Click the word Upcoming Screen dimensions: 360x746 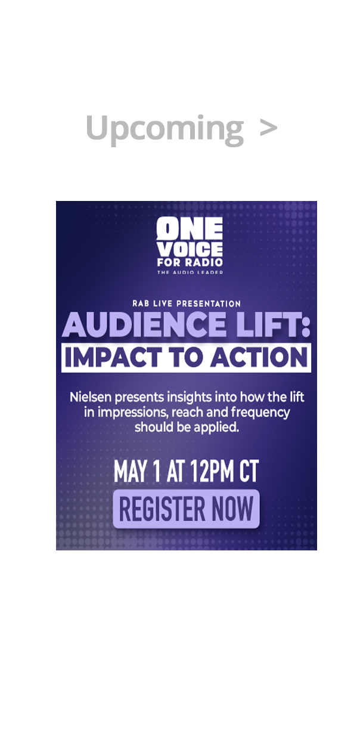(x=165, y=129)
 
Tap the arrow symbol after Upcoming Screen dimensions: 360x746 (x=268, y=127)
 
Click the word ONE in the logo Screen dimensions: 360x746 (x=190, y=228)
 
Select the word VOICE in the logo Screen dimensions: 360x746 (x=190, y=249)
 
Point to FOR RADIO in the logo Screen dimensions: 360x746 (x=190, y=262)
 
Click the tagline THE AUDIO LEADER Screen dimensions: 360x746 (x=190, y=272)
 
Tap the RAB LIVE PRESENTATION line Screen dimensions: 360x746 (x=187, y=304)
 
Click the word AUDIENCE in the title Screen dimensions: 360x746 (x=144, y=324)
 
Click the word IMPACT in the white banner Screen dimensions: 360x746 (x=113, y=357)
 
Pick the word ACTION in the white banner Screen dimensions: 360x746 (x=259, y=357)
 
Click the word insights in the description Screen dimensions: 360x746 (x=189, y=397)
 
